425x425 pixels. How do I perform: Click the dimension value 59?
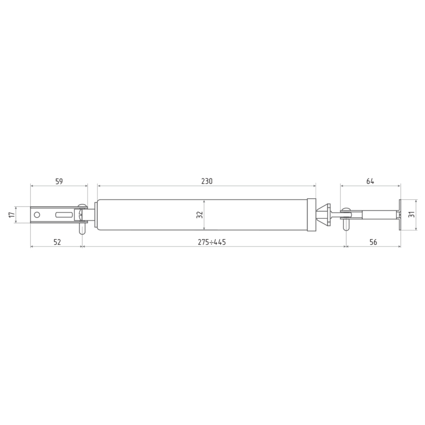59,181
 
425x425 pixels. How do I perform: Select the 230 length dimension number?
207,181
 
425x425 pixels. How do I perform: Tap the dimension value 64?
370,181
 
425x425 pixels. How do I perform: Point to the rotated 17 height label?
11,215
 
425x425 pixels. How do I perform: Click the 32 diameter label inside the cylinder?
200,215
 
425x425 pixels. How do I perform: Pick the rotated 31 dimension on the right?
412,214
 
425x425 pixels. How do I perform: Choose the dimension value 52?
57,242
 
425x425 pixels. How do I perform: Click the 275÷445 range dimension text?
211,242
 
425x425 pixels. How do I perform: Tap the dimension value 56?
373,242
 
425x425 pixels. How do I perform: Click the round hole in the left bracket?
37,215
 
